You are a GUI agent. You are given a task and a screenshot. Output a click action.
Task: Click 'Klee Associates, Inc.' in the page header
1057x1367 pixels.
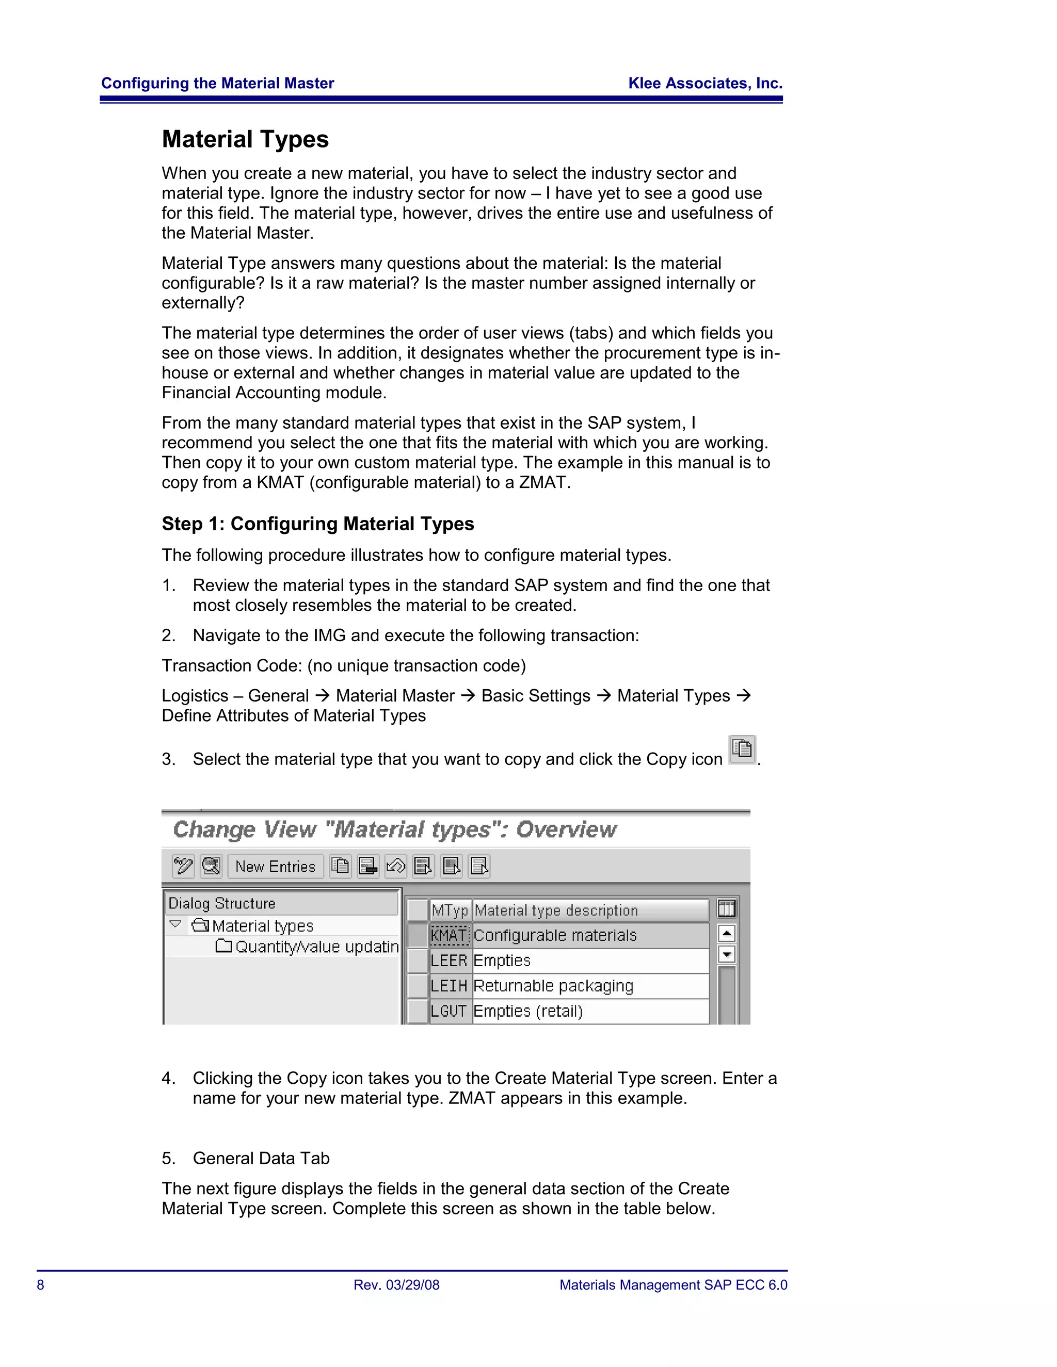[x=705, y=83]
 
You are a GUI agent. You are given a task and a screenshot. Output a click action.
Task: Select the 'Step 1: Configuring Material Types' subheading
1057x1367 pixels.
[x=317, y=524]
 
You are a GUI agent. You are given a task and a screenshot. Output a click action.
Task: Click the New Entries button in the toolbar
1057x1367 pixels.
[x=276, y=866]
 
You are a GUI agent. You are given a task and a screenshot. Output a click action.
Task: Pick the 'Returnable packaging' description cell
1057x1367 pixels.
[x=554, y=986]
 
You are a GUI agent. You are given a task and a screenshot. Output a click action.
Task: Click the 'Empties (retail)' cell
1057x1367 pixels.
[x=528, y=1012]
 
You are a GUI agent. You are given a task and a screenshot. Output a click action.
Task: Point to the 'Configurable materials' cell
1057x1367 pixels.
[x=555, y=935]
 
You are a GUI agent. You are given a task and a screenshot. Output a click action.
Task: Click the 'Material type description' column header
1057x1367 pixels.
[x=556, y=910]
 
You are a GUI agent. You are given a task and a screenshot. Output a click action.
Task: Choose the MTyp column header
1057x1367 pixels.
[x=450, y=910]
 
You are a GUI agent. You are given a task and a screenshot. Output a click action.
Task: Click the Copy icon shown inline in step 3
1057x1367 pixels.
[x=743, y=749]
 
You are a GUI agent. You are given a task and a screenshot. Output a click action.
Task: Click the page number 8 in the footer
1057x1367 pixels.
[x=41, y=1285]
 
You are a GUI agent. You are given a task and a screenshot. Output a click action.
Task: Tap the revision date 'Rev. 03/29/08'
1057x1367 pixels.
[x=396, y=1285]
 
